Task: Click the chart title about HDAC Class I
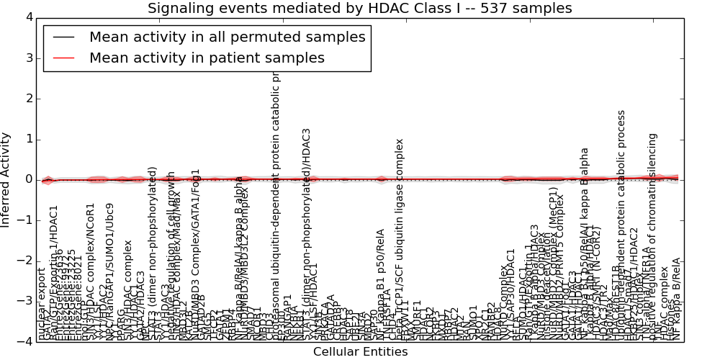(x=359, y=9)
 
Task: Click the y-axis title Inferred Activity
(x=6, y=179)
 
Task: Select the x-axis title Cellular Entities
(x=360, y=352)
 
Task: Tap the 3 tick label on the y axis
(x=27, y=58)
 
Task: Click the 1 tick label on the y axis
(x=27, y=139)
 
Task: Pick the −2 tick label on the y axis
(x=24, y=261)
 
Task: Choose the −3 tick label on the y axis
(x=24, y=301)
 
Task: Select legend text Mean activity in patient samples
(x=207, y=58)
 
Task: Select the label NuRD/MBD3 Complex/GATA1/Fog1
(x=196, y=255)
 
